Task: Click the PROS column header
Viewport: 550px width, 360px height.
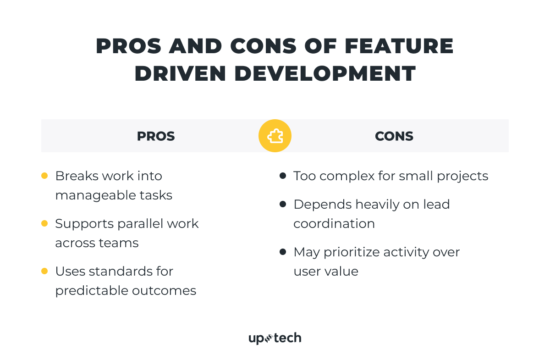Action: point(156,136)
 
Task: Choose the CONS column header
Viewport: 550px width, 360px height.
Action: point(394,136)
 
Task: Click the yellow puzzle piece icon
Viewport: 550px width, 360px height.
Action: point(275,136)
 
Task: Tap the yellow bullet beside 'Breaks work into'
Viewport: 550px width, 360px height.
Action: point(44,176)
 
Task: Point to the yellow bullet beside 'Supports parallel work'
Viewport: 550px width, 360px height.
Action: point(44,223)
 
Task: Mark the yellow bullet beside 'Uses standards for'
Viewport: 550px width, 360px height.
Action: point(44,271)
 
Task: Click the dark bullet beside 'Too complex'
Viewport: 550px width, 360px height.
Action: point(283,176)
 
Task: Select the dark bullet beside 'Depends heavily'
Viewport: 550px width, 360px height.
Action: point(283,204)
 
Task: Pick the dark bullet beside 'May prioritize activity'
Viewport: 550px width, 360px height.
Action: point(283,252)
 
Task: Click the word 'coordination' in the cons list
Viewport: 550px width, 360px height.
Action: point(334,224)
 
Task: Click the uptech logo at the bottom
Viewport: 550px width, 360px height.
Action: point(275,338)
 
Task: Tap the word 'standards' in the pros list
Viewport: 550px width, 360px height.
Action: point(121,271)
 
